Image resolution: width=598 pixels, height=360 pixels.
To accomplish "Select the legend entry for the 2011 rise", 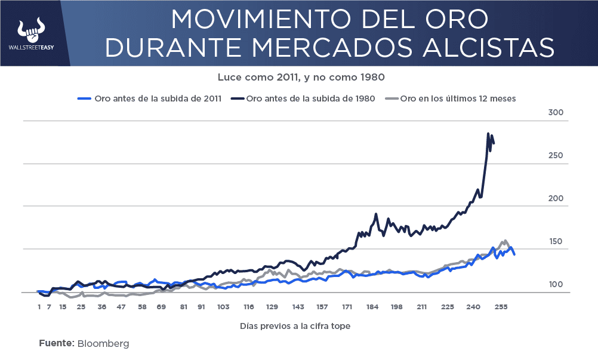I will point(150,99).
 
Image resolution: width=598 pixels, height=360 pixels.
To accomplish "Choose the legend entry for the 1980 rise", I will point(304,99).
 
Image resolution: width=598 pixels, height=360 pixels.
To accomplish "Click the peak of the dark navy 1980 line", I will point(488,134).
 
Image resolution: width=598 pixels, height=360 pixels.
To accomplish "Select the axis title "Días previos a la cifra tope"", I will point(295,326).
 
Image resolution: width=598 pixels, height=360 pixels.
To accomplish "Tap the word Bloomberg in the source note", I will point(103,343).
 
